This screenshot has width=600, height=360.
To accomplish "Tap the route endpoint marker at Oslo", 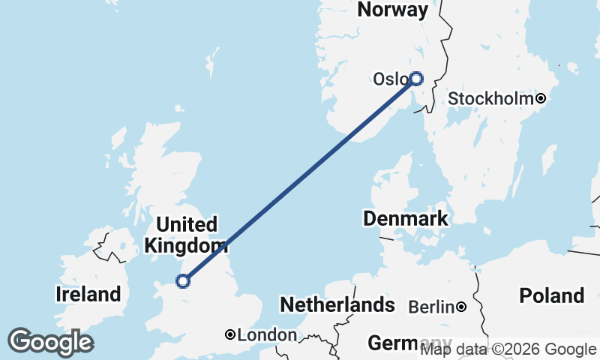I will pos(415,78).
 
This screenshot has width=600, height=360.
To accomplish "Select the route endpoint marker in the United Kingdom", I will pos(182,281).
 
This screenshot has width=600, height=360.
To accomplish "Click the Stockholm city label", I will pos(490,99).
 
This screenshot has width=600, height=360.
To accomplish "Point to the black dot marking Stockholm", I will pos(539,98).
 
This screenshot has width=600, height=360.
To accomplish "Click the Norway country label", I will pos(393,10).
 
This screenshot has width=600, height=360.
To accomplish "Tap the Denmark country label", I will pos(405,219).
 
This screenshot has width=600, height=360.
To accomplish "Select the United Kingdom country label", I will pos(186,235).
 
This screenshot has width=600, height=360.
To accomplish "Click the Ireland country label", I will pos(88,295).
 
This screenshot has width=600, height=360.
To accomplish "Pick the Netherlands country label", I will pos(337,305).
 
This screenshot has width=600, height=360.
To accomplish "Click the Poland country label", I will pos(551,295).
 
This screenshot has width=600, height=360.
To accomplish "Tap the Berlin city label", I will pos(431,307).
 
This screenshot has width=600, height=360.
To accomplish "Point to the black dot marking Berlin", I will pos(461,307).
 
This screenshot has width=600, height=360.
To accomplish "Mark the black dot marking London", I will pos(230,334).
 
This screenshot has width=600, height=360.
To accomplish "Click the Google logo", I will pos(50,342).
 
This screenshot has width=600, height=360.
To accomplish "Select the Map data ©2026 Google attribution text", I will pos(508,349).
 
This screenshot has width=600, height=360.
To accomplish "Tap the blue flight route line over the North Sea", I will pos(300,179).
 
